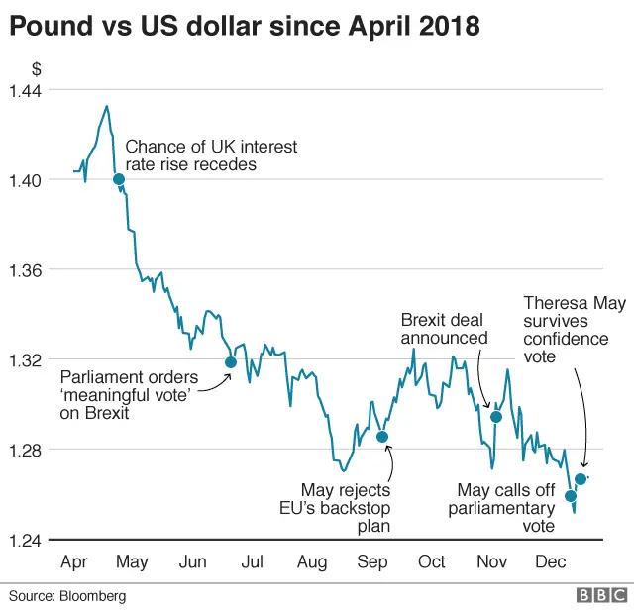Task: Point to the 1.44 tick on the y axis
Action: pos(26,90)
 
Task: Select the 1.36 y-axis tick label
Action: pos(26,269)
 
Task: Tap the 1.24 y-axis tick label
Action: pos(26,540)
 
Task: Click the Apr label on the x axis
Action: pos(74,562)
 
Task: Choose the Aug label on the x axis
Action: pos(312,562)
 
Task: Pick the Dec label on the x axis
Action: pos(550,562)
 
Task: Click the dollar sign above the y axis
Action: pos(37,69)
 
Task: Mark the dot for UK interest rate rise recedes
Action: pos(119,179)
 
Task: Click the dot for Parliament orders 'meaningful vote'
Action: pos(231,361)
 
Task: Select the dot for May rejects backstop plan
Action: pos(382,437)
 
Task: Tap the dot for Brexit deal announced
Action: pos(496,416)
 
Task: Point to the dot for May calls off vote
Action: pos(571,495)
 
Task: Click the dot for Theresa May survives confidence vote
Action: pos(581,479)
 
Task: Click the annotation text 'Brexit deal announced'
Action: pos(444,329)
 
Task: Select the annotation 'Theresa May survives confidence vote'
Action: pos(574,330)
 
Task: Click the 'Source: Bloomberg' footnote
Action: pos(68,596)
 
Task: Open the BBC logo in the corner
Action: pos(597,595)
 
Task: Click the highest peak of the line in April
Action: pos(106,106)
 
